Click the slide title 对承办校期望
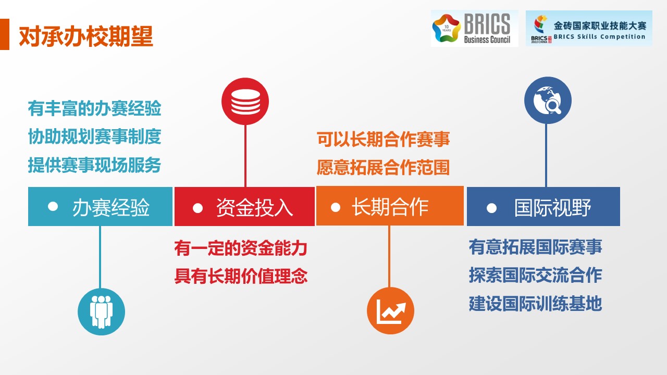tap(86, 36)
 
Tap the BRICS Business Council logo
tap(474, 28)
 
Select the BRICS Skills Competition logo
tap(589, 28)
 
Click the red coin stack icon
tap(245, 102)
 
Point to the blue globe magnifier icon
tap(548, 101)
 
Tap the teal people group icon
tap(101, 311)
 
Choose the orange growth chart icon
tap(390, 311)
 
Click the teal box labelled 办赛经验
tap(100, 207)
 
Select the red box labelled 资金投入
tap(244, 207)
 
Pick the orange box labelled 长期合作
tap(390, 206)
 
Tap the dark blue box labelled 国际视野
tap(544, 207)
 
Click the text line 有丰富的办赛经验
tap(95, 108)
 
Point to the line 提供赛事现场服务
tap(95, 165)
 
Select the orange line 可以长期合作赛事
tap(383, 139)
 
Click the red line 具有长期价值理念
tap(241, 276)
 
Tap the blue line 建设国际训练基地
tap(535, 304)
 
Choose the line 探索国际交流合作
tap(535, 276)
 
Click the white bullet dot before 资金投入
tap(197, 208)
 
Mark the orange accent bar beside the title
tap(5, 34)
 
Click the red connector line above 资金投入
tap(245, 156)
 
